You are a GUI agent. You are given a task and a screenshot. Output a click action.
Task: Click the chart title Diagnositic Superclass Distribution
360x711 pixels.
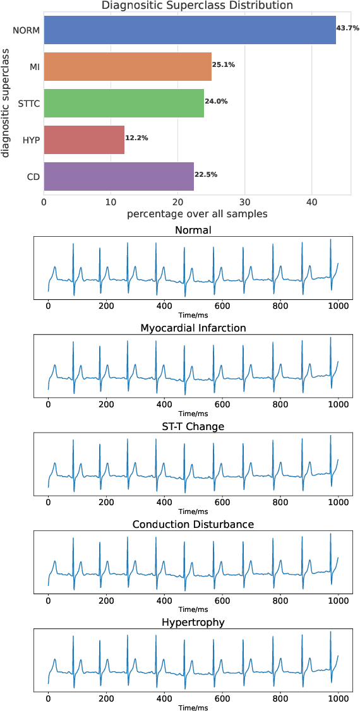(x=197, y=6)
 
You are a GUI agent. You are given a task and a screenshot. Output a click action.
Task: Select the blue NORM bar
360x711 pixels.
(x=189, y=30)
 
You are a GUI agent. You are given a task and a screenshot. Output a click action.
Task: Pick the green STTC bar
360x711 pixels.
(x=124, y=102)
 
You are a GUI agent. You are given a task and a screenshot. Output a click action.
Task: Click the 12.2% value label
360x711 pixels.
(x=136, y=138)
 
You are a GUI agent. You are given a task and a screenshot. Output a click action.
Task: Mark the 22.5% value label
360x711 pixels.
(x=206, y=174)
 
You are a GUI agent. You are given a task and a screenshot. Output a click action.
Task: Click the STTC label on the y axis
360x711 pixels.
(x=28, y=103)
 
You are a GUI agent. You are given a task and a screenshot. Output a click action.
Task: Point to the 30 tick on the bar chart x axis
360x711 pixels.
(x=244, y=202)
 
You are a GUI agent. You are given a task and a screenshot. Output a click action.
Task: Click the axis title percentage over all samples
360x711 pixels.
(x=197, y=214)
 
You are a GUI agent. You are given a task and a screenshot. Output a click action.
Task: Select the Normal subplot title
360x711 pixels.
(x=193, y=230)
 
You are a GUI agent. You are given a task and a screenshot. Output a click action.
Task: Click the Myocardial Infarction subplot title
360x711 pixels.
(x=193, y=328)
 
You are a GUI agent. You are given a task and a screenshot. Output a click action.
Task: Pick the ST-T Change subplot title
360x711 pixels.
(x=193, y=426)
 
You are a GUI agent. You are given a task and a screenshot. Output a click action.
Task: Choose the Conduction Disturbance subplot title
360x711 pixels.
(x=193, y=525)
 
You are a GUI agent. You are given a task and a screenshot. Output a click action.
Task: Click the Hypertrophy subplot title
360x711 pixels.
(x=193, y=623)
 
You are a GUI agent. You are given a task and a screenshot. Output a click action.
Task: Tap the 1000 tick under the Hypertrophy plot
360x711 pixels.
(x=338, y=698)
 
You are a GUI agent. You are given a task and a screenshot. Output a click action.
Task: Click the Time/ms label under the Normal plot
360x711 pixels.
(x=193, y=314)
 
